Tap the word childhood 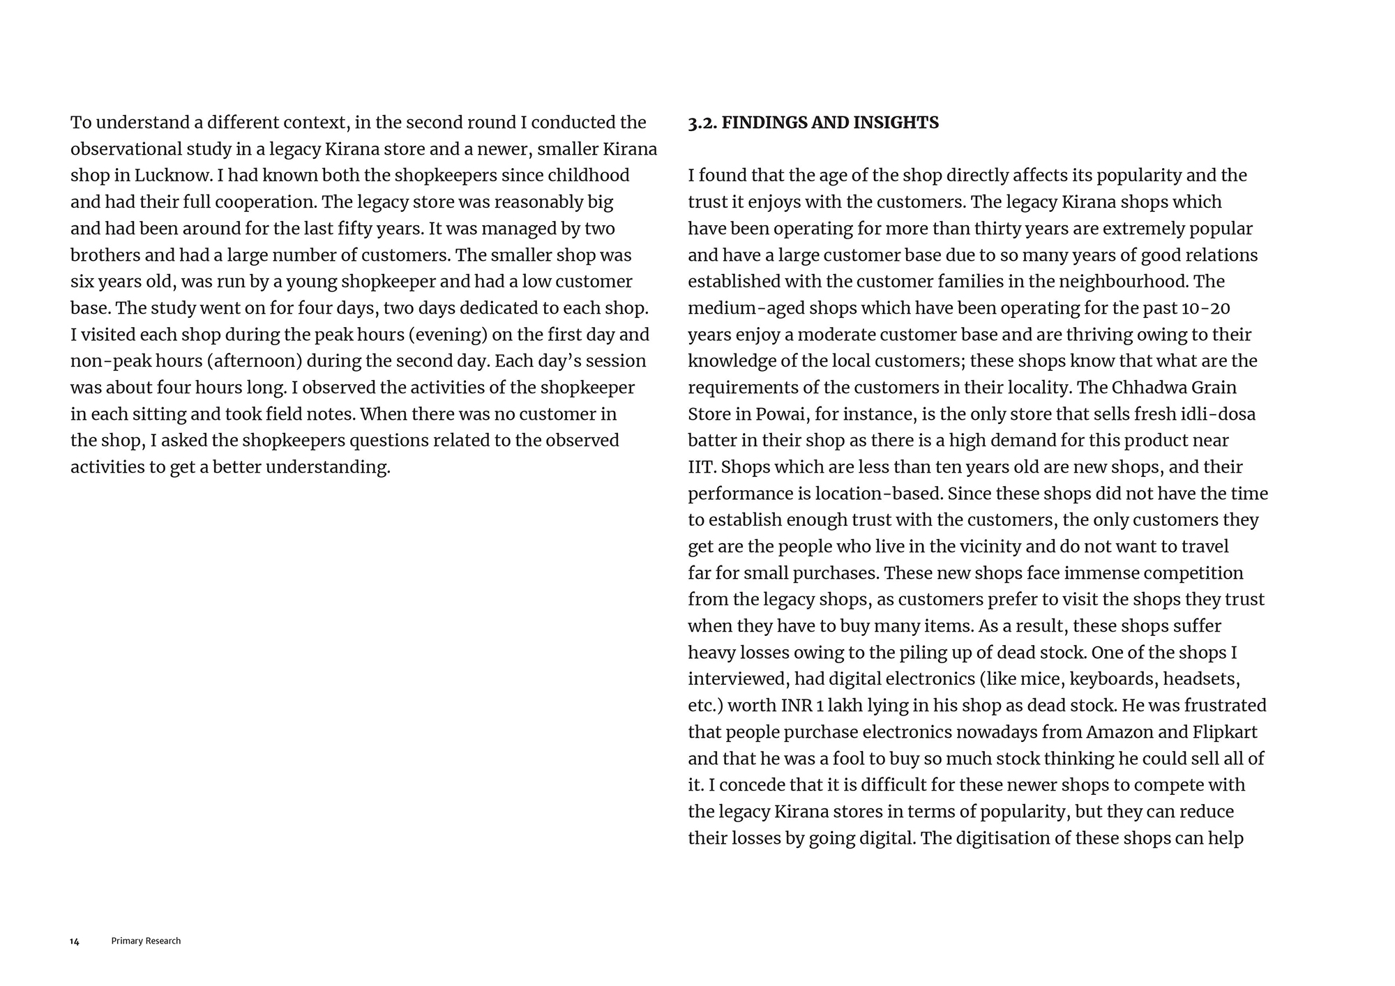(589, 176)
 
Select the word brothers (104, 255)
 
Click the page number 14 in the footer (75, 941)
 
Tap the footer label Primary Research (146, 941)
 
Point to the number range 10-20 (1206, 308)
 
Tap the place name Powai (781, 414)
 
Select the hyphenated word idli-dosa (1218, 414)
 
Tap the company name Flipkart (1225, 732)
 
